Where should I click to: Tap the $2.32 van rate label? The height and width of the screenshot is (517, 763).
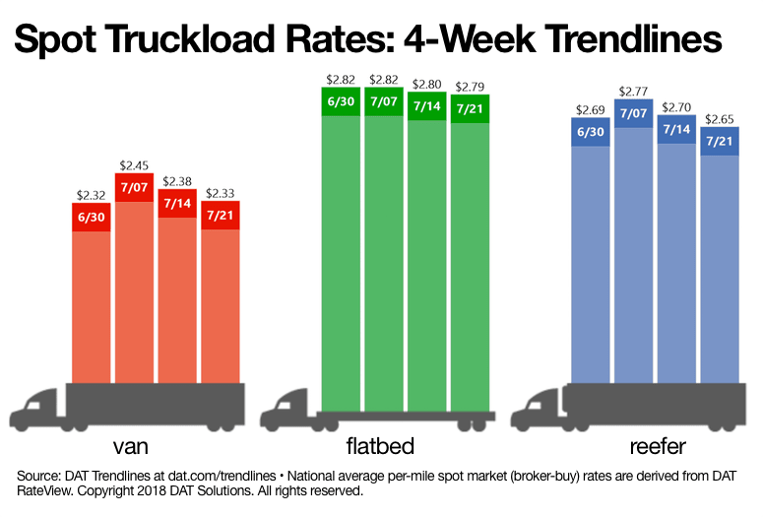point(92,196)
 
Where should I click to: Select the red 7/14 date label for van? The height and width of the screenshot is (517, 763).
point(177,203)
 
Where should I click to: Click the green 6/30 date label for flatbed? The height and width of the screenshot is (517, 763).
point(342,101)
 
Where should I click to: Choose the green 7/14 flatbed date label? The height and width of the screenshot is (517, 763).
point(427,105)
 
